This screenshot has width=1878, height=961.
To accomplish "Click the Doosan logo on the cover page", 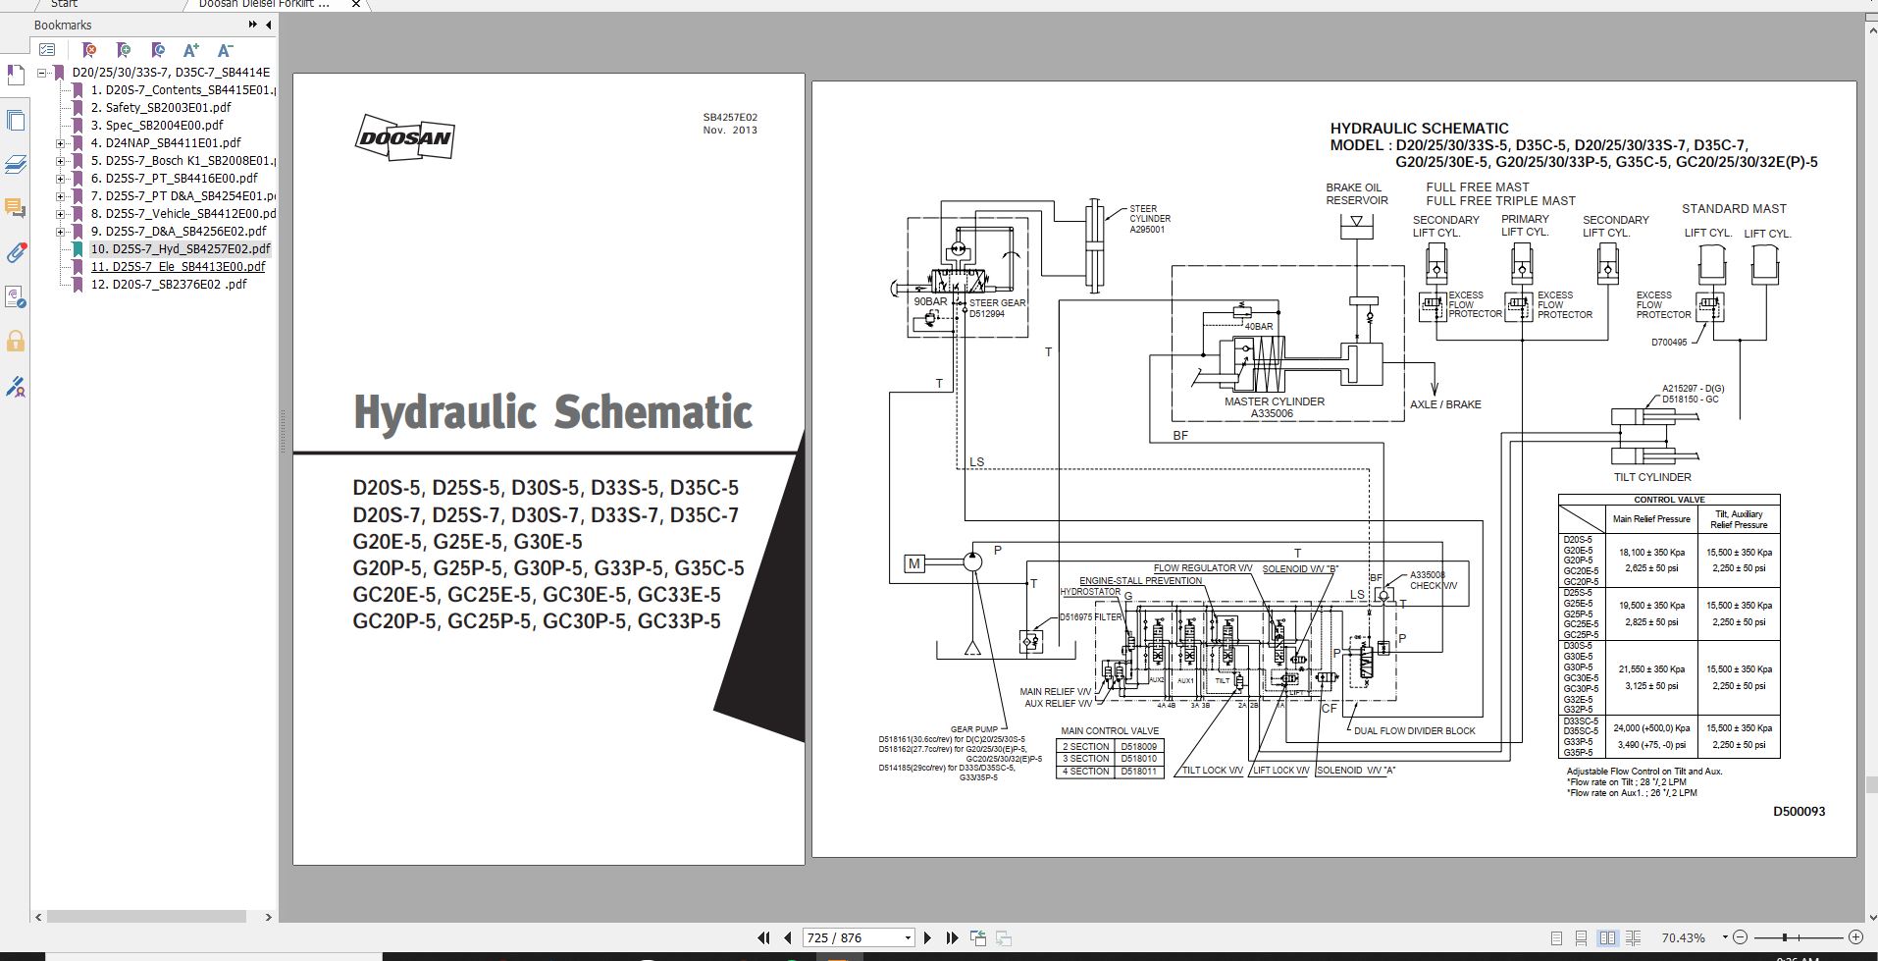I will pos(404,138).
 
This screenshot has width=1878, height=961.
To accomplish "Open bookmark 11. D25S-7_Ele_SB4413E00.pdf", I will pos(178,266).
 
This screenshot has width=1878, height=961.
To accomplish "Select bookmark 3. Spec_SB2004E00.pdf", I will pos(156,125).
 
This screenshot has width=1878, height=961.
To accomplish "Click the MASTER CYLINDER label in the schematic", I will pos(1274,401).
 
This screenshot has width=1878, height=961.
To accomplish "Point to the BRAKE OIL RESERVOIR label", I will pos(1356,193).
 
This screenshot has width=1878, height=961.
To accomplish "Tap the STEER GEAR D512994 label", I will pos(997,308).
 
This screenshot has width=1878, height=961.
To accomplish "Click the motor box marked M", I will pos(914,563).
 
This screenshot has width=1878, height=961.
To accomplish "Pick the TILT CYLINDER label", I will pos(1652,477).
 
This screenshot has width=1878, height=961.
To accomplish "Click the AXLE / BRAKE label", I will pos(1445,404).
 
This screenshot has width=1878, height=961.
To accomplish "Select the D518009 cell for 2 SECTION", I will pos(1137,746).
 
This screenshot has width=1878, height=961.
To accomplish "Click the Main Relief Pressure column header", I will pos(1651,519).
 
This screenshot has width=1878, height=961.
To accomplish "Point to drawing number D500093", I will pos(1799,812).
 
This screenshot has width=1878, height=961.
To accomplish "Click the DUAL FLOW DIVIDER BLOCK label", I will pos(1414,730).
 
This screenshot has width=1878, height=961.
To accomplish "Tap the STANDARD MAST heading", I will pos(1734,209).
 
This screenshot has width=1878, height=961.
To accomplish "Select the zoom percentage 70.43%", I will pos(1683,937).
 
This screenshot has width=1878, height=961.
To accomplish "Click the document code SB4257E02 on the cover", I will pos(730,118).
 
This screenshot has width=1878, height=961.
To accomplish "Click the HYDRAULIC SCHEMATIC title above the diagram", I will pos(1419,129).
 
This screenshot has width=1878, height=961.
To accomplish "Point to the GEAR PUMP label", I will pos(973,729).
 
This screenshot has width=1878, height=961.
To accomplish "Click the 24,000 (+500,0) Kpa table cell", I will pos(1653,728).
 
